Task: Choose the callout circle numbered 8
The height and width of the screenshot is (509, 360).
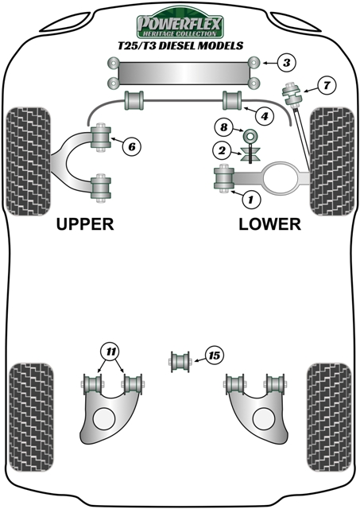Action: pyautogui.click(x=223, y=127)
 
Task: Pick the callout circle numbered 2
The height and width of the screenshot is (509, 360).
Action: pyautogui.click(x=223, y=149)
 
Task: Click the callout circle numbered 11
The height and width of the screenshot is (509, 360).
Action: pyautogui.click(x=110, y=351)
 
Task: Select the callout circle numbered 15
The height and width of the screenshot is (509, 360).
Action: pyautogui.click(x=213, y=356)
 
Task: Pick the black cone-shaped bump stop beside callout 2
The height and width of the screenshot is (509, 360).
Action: pyautogui.click(x=250, y=152)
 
